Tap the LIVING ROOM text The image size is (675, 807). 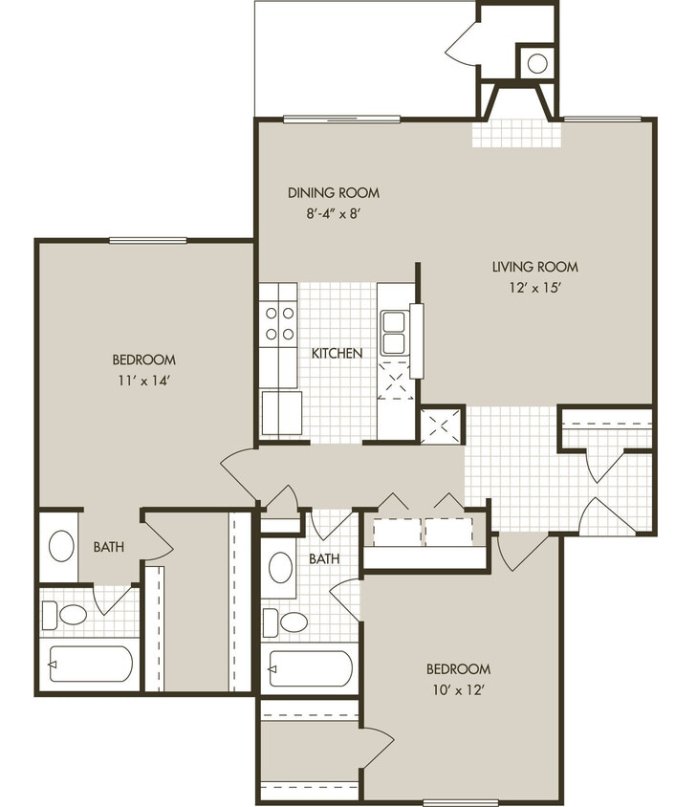[x=534, y=267]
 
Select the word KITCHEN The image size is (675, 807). [x=337, y=353]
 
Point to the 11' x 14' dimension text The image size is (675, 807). [x=143, y=380]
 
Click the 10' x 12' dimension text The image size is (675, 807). [x=459, y=688]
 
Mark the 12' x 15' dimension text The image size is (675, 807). [x=534, y=288]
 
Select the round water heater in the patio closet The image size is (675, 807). [x=537, y=63]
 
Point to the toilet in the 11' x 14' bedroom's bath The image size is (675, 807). [x=67, y=614]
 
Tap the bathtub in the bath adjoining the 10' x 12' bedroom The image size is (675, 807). [x=310, y=668]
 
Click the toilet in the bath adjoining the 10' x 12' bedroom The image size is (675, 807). [x=288, y=622]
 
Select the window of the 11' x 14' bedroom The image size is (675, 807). [x=147, y=240]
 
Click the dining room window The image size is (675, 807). [x=341, y=119]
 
